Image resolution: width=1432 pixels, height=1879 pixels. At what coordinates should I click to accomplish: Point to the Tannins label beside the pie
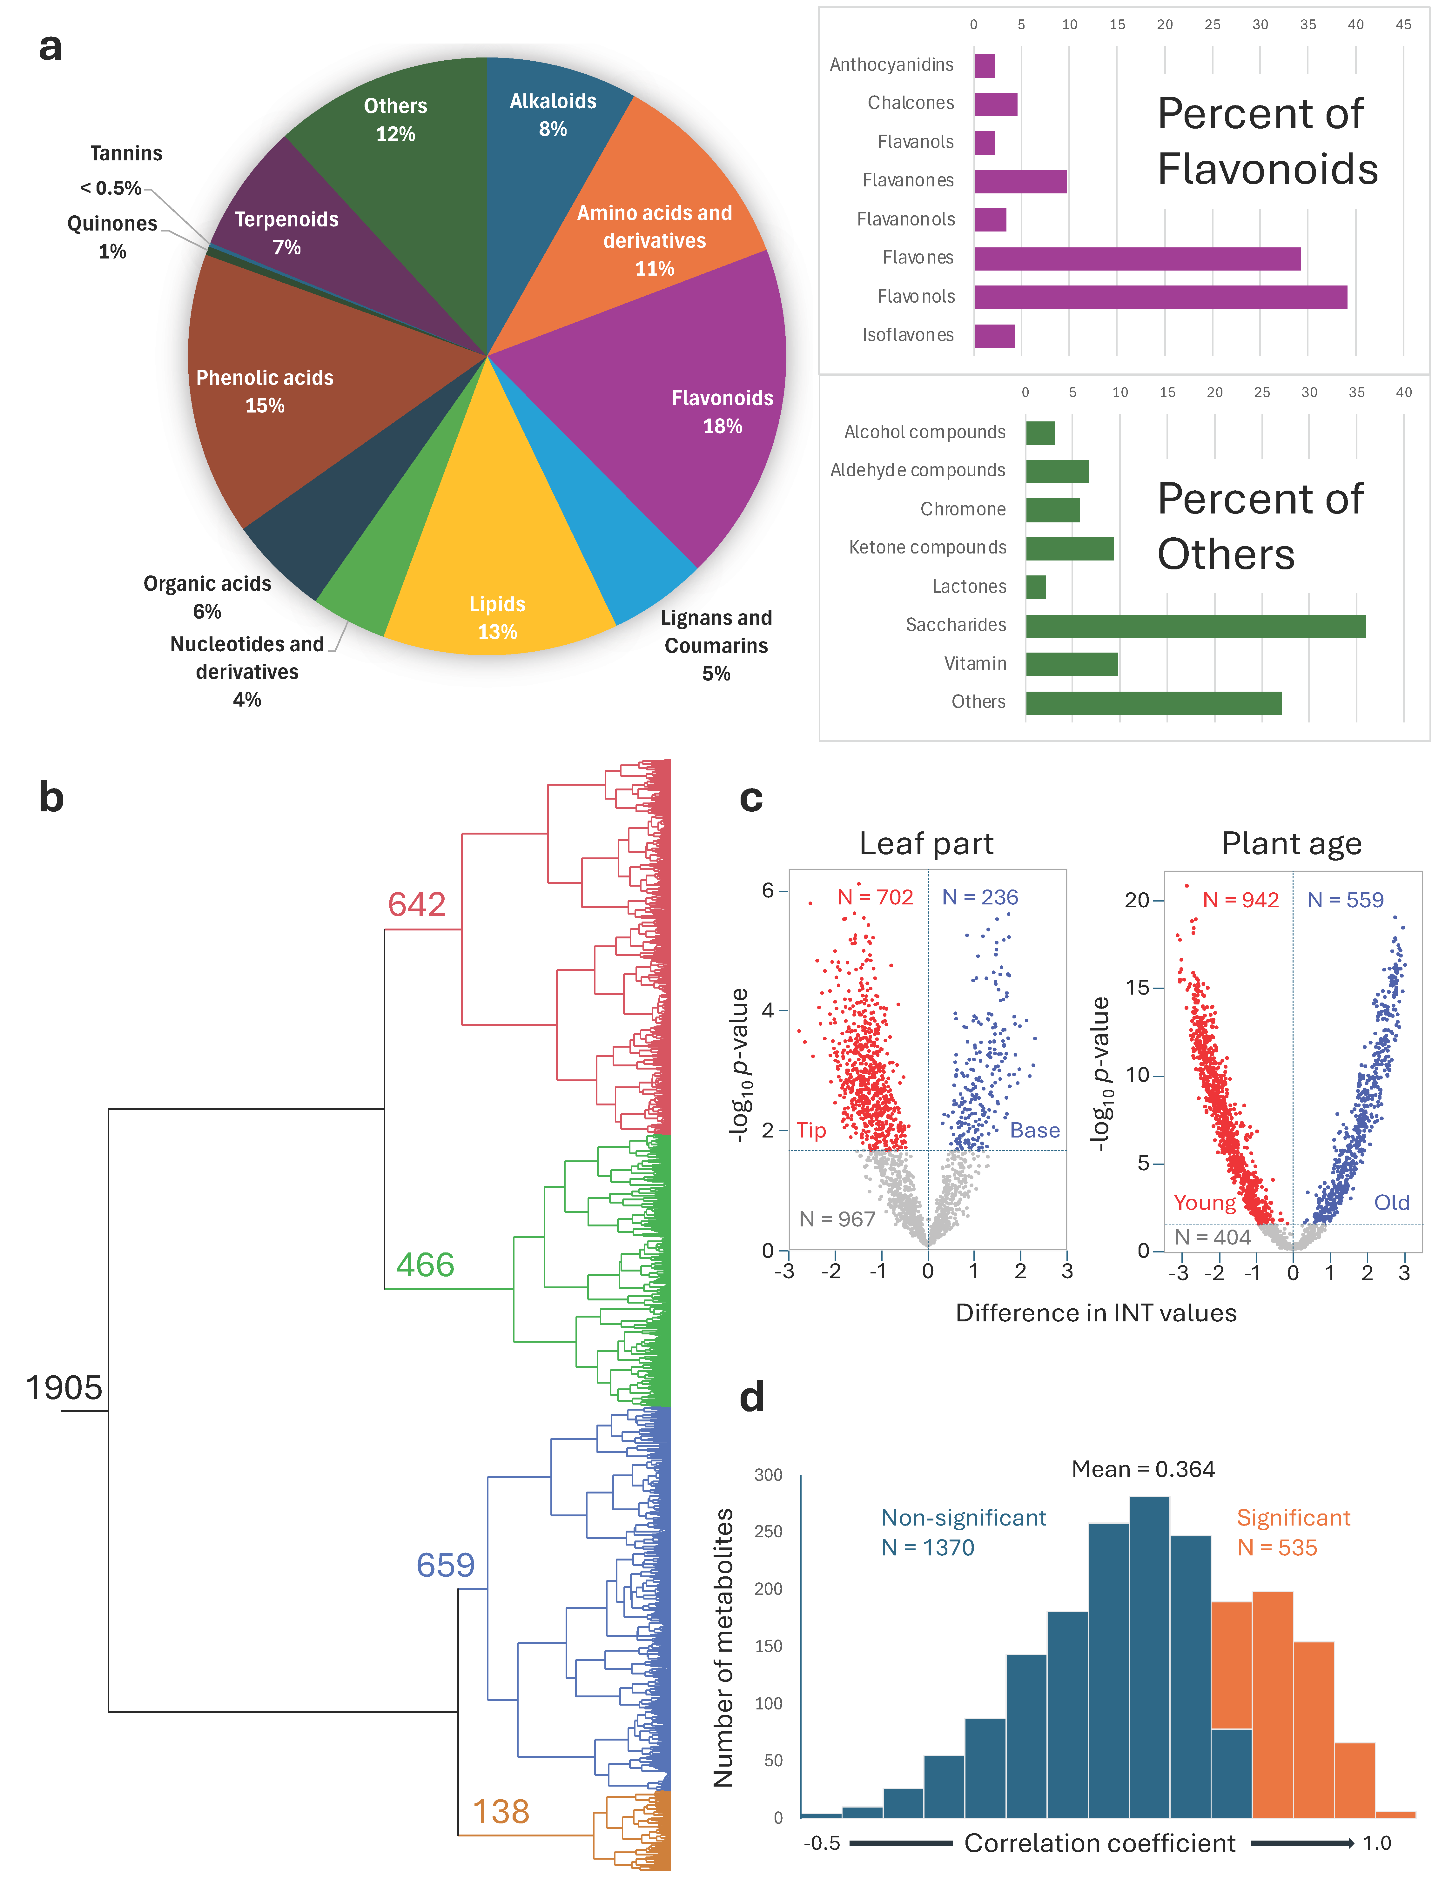point(126,153)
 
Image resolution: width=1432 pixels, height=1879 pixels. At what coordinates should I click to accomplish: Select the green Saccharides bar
point(1195,626)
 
